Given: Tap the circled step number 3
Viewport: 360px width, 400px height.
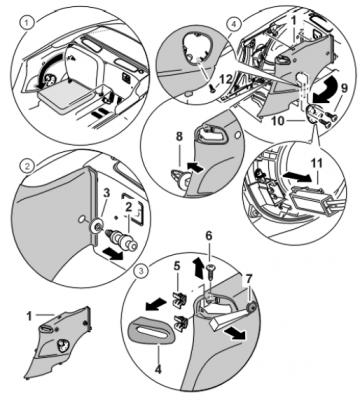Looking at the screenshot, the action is coord(141,271).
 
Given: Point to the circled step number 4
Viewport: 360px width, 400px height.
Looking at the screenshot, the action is coord(233,24).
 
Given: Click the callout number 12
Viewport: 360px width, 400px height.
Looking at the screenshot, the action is coord(227,80).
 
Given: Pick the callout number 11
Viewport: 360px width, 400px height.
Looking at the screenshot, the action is coord(317,164).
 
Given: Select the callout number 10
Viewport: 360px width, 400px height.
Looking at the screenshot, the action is coord(278,121).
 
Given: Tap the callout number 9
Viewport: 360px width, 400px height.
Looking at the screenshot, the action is coord(344,89).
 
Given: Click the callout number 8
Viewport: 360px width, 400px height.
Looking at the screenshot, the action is coord(180,138).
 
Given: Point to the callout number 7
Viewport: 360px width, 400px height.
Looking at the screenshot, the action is coord(249,278).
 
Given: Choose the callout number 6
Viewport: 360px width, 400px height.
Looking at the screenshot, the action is coord(208,236).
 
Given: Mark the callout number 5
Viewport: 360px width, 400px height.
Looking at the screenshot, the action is coord(177,266).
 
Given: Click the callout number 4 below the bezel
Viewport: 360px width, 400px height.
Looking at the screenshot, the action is coord(158,369).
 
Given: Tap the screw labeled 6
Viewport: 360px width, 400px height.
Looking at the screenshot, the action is coord(209,273).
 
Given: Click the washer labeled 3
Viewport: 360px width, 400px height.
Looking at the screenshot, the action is coord(97,227).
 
